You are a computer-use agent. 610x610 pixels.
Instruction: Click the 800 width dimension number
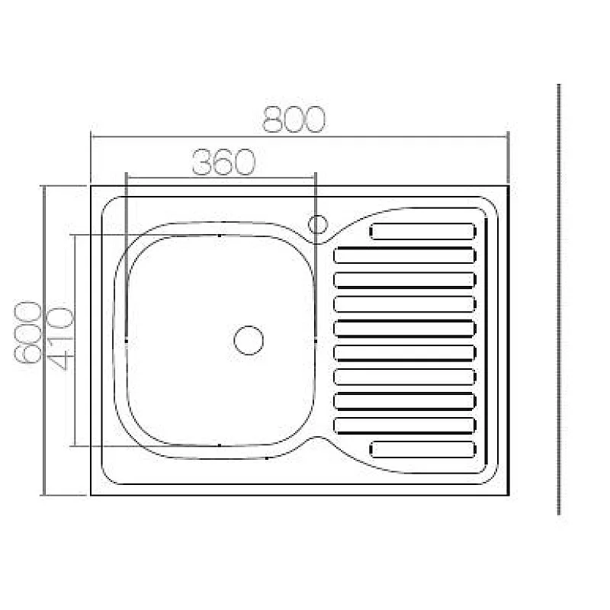[x=294, y=120]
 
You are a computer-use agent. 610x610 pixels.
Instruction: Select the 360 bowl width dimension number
[x=222, y=162]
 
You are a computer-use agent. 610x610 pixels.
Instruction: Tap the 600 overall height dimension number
[x=29, y=332]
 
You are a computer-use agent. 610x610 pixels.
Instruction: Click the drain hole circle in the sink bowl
[x=249, y=339]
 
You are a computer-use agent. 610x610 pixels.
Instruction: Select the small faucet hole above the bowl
[x=318, y=224]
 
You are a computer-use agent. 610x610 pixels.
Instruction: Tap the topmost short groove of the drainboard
[x=422, y=231]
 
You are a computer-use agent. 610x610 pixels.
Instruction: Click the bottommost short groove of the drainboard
[x=422, y=449]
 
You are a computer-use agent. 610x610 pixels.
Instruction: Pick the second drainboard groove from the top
[x=405, y=255]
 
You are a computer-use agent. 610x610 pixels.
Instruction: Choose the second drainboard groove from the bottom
[x=405, y=425]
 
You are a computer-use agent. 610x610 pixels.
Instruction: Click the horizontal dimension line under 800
[x=299, y=138]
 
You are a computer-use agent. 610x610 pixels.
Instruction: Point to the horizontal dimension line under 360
[x=220, y=178]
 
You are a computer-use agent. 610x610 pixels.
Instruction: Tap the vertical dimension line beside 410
[x=74, y=340]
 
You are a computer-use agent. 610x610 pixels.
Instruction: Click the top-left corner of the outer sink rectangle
[x=91, y=185]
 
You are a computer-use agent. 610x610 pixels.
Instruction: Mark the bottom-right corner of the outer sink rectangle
[x=508, y=495]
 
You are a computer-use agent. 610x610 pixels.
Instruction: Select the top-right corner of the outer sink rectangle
[x=508, y=185]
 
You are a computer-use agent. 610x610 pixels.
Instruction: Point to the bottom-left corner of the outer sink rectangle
[x=91, y=495]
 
